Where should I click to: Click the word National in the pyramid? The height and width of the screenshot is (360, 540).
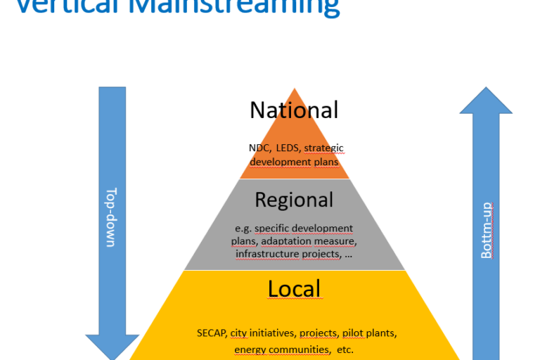294,110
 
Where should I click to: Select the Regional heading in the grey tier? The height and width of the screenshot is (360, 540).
294,200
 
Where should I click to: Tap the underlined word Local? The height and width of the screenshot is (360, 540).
294,289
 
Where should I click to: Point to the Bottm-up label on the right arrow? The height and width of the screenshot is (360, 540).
486,230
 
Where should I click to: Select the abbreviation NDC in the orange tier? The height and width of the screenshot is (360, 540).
259,148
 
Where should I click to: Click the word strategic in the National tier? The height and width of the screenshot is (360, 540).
323,148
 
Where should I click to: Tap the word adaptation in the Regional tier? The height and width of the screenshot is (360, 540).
287,241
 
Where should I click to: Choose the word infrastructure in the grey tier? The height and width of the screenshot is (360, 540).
268,254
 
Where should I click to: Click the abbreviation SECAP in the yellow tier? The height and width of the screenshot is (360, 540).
212,333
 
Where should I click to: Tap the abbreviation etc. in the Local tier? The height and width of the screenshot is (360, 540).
345,349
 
